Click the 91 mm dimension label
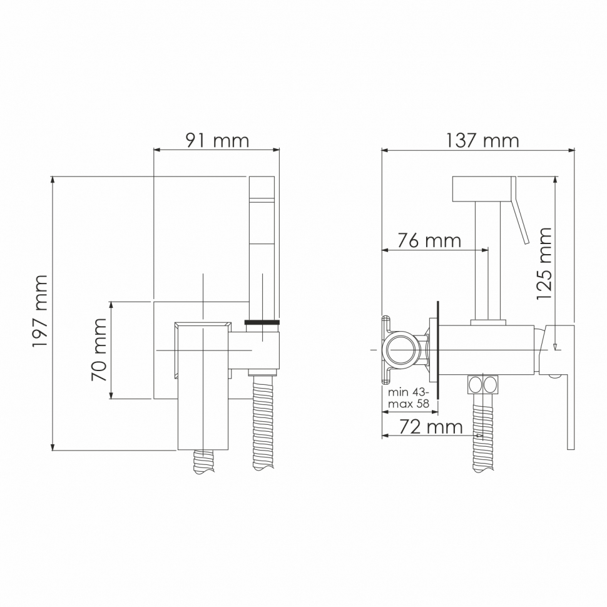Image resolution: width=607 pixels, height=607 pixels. point(217,140)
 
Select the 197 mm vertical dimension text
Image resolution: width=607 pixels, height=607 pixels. point(41,311)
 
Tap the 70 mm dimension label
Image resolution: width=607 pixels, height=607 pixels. point(99,350)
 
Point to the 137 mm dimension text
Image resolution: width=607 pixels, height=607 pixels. point(482,140)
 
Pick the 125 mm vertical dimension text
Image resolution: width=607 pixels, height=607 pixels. point(544,263)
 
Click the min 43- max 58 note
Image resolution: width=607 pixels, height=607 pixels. point(409,398)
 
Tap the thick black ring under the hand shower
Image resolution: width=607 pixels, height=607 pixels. point(263,322)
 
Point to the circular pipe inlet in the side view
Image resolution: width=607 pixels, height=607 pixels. point(400,349)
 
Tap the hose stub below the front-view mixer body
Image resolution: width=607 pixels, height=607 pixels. point(205,462)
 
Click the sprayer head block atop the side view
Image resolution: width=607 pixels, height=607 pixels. point(482,188)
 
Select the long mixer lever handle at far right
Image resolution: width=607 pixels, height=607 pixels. point(570,400)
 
